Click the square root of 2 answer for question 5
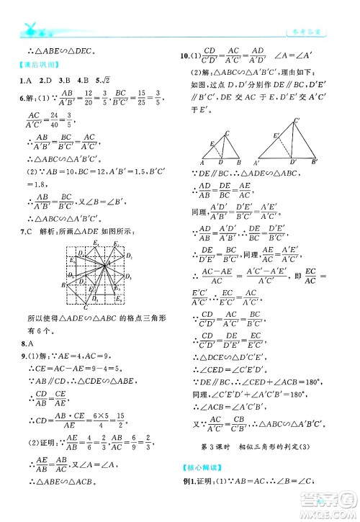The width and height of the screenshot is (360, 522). click(112, 80)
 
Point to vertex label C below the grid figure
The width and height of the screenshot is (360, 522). click(86, 308)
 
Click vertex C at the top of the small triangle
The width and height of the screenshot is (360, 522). click(228, 132)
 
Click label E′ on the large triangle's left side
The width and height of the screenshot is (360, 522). click(276, 135)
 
